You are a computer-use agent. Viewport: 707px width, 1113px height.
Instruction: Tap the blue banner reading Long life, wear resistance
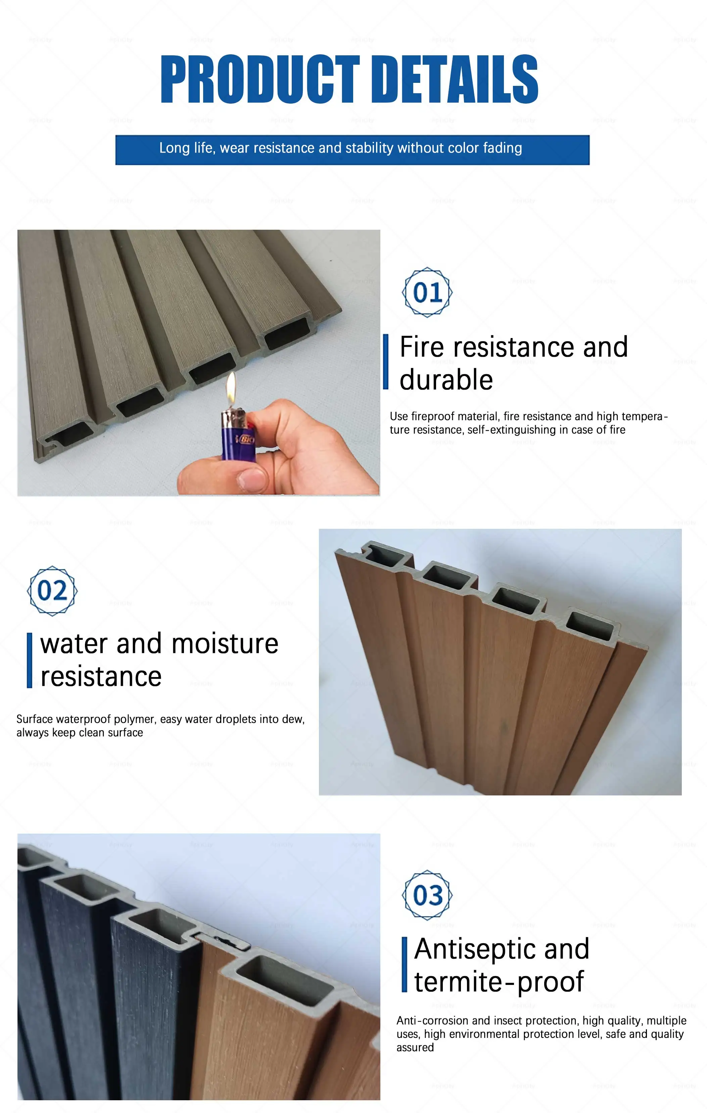click(352, 149)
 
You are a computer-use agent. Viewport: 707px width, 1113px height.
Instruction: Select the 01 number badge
click(427, 292)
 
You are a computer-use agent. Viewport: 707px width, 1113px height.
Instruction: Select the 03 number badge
click(427, 895)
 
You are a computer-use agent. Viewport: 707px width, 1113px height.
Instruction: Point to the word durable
click(446, 380)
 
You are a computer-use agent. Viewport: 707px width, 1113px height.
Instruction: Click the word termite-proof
click(499, 982)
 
